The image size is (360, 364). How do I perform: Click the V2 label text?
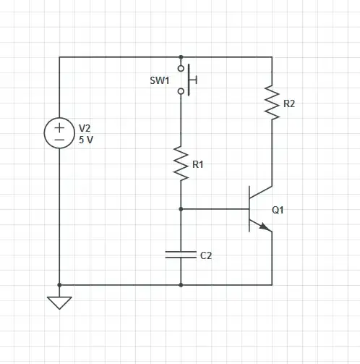click(85, 128)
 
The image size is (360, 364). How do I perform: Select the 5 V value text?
click(86, 140)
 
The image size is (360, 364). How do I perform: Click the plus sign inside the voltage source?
click(59, 127)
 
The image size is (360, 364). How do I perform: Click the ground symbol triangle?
click(59, 302)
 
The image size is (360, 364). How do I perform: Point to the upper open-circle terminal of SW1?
click(181, 68)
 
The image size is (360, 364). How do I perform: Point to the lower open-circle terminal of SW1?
click(181, 91)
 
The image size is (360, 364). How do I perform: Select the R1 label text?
click(198, 165)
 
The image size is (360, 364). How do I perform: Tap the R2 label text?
click(289, 103)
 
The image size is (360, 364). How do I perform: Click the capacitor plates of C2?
click(181, 254)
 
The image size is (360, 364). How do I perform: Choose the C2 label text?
click(206, 255)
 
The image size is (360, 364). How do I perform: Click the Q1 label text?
click(278, 211)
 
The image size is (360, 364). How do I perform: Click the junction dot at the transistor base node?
click(181, 208)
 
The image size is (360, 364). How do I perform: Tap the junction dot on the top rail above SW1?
click(181, 56)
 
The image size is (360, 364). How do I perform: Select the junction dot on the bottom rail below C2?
click(181, 284)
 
